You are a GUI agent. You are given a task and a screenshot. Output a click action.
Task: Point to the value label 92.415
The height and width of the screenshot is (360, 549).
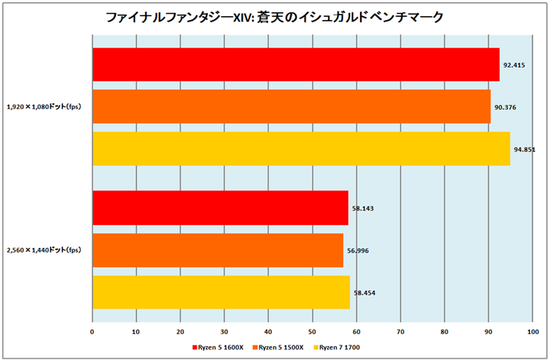tap(514, 65)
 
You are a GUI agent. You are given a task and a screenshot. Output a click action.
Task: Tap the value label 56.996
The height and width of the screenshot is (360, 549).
tap(359, 250)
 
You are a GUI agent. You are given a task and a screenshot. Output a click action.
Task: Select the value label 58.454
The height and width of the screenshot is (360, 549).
tap(365, 292)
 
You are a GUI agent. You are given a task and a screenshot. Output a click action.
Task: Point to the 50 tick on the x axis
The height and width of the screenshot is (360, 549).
tap(312, 332)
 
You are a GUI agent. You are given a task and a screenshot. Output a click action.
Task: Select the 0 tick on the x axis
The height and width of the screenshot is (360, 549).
tap(92, 332)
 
